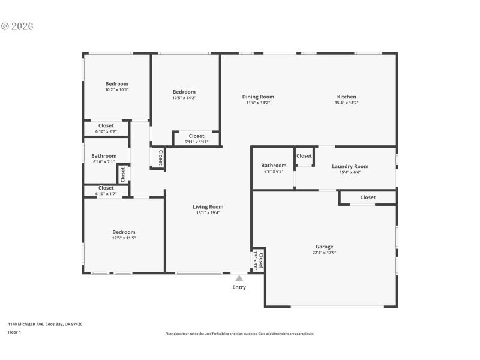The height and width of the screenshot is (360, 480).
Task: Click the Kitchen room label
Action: (346, 97)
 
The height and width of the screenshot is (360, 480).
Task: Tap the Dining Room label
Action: (258, 97)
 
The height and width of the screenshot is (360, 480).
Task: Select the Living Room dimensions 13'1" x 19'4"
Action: (208, 213)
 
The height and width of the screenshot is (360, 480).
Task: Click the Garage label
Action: (324, 247)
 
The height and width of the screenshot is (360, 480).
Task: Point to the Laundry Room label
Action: (350, 166)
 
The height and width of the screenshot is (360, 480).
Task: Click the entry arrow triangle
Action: (239, 278)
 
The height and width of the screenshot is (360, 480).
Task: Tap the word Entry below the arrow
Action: (239, 287)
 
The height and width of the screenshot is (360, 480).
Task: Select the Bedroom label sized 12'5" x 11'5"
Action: (124, 232)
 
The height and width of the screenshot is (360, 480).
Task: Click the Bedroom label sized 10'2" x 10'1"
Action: (116, 83)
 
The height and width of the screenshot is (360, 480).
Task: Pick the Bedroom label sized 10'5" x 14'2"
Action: (184, 92)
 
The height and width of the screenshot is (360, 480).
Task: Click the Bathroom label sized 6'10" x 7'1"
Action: (104, 156)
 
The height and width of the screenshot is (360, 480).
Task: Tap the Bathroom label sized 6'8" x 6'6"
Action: (274, 166)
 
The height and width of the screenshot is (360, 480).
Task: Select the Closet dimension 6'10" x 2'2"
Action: (106, 131)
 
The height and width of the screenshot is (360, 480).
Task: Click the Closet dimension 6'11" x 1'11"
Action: (196, 142)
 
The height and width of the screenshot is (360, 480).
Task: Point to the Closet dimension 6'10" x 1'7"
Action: (106, 194)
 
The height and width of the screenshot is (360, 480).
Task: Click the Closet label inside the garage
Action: (368, 197)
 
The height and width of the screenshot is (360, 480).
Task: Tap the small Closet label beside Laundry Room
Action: (304, 156)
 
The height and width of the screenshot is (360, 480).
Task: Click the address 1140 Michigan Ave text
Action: (45, 324)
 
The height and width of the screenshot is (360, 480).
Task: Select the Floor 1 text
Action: (14, 332)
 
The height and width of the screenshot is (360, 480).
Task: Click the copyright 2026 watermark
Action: (17, 26)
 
